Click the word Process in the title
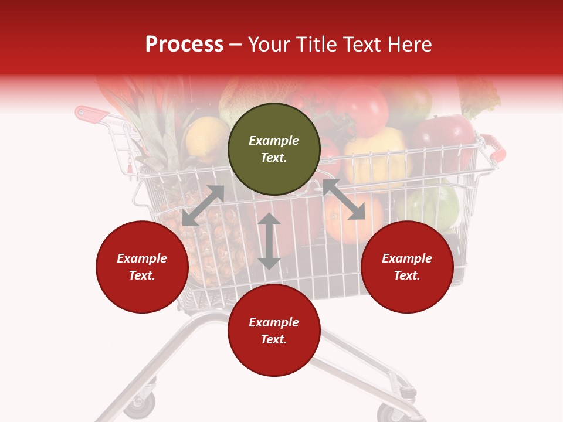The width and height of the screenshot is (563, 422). click(184, 45)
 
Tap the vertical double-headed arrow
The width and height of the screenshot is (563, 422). click(269, 241)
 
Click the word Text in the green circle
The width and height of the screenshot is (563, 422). click(274, 158)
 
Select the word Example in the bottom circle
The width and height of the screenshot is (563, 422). click(274, 322)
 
